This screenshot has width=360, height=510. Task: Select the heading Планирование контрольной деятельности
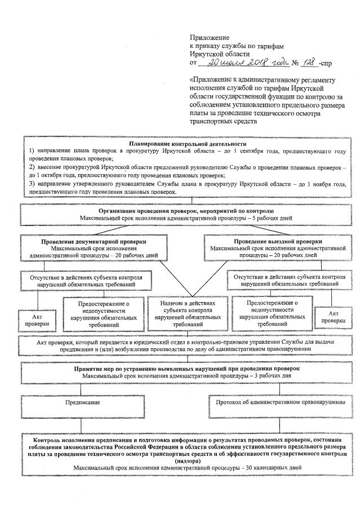pyautogui.click(x=180, y=144)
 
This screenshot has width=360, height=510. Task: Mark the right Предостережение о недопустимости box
pyautogui.click(x=272, y=314)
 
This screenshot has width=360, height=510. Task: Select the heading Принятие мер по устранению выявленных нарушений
pyautogui.click(x=180, y=368)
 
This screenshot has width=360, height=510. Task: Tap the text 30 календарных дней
pyautogui.click(x=272, y=468)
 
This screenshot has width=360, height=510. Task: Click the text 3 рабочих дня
pyautogui.click(x=249, y=375)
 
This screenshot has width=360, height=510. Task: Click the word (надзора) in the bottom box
pyautogui.click(x=181, y=460)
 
